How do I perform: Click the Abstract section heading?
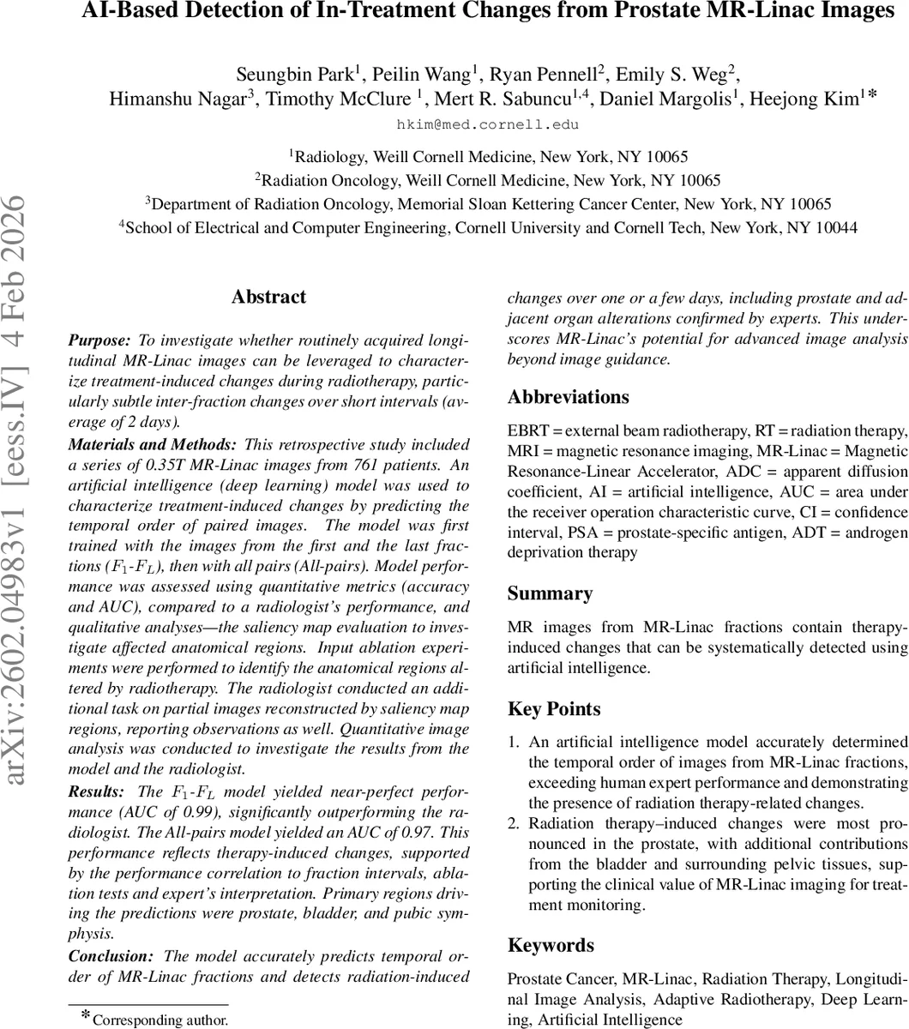coord(268,298)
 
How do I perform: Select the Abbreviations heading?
coord(569,397)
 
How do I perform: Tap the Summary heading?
coord(550,593)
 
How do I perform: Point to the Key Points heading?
coord(554,709)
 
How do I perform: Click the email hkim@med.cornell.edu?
coord(487,124)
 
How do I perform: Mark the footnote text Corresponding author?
coord(160,1020)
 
